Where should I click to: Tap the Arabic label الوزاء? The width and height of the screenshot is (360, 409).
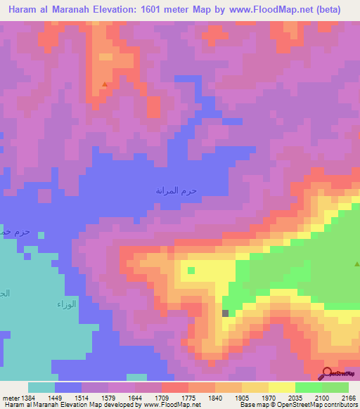(x=65, y=304)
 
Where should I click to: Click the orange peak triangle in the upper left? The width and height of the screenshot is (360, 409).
(x=105, y=85)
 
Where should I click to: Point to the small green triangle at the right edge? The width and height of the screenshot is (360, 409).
(x=356, y=264)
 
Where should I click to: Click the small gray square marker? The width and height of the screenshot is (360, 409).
(x=226, y=313)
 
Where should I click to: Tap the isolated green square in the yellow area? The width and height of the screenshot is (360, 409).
(x=191, y=269)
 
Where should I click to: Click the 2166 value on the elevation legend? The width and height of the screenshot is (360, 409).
(x=348, y=398)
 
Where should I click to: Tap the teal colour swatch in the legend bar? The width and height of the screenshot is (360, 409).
(x=41, y=387)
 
